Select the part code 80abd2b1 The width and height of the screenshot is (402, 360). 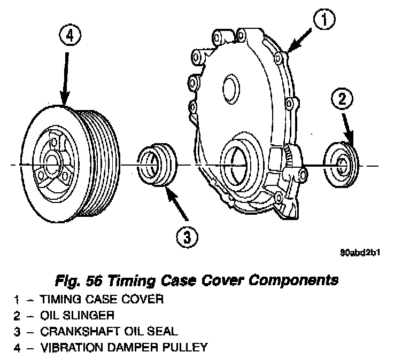362,253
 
